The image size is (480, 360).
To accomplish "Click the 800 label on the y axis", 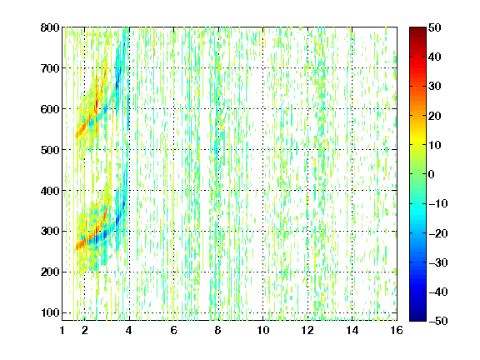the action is click(50, 27).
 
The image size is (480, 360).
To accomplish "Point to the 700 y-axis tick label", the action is click(50, 68).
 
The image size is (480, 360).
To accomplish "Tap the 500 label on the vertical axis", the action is click(50, 150).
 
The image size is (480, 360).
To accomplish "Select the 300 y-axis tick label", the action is click(50, 232).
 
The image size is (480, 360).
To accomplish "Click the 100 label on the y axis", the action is click(50, 312).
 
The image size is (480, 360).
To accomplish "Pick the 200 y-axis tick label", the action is click(50, 272).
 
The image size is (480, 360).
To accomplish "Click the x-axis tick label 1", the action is click(62, 330).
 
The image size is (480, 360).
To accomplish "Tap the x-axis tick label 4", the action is click(129, 330).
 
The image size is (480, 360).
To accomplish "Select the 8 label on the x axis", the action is click(218, 330).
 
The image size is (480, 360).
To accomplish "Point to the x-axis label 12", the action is click(307, 330).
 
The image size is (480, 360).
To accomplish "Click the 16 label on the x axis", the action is click(397, 330).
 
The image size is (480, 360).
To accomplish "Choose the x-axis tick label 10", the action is click(262, 330).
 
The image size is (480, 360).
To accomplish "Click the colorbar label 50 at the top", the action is click(434, 27).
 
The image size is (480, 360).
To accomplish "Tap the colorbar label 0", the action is click(432, 174).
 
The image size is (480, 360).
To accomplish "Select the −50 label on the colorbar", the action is click(438, 321).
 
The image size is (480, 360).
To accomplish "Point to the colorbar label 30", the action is click(434, 87).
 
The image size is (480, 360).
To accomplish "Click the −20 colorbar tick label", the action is click(438, 233).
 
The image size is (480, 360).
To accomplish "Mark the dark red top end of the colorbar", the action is click(417, 30).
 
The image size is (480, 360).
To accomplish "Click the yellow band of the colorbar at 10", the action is click(417, 145).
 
